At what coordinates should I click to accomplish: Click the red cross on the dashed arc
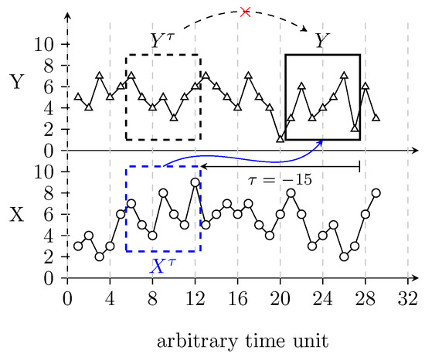(245, 12)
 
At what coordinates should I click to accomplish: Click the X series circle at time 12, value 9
(195, 182)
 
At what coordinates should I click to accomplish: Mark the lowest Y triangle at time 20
(280, 139)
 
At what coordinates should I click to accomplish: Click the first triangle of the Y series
(78, 97)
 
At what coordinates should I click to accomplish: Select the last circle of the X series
(376, 192)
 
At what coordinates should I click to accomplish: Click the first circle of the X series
(78, 246)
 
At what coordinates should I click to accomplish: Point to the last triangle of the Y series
(376, 118)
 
